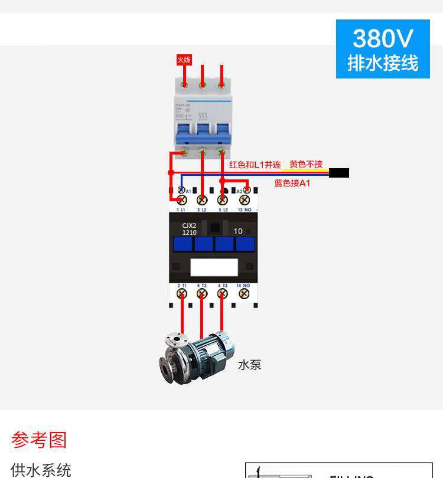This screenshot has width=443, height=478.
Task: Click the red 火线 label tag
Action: [x=184, y=60]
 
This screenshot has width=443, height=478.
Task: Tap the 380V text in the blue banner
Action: [x=383, y=39]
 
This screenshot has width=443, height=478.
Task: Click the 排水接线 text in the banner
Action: [x=383, y=63]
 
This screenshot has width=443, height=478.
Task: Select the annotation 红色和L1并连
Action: [x=255, y=165]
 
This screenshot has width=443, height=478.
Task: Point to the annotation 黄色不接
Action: [x=306, y=164]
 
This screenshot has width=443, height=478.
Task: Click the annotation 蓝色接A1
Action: [x=292, y=184]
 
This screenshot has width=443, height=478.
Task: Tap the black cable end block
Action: [x=339, y=173]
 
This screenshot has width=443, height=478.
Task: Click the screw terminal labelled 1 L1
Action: [x=181, y=200]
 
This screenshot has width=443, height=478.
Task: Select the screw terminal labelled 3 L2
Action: [x=202, y=200]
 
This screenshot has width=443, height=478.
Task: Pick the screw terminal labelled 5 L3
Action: [x=222, y=200]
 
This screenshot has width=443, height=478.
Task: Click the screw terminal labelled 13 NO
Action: [x=243, y=200]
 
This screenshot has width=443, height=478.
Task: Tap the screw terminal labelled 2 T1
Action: [x=181, y=293]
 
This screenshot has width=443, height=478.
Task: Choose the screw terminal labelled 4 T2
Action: [x=202, y=293]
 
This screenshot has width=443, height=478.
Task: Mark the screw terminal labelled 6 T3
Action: [x=222, y=293]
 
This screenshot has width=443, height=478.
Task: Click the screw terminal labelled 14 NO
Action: [x=243, y=293]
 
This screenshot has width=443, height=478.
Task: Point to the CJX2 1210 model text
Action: [x=189, y=229]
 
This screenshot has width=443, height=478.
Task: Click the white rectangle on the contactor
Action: [x=214, y=267]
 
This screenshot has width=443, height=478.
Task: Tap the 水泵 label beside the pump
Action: [x=249, y=365]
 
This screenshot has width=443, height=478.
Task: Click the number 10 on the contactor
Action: [x=238, y=231]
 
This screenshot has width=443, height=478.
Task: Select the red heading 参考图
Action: [x=39, y=440]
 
